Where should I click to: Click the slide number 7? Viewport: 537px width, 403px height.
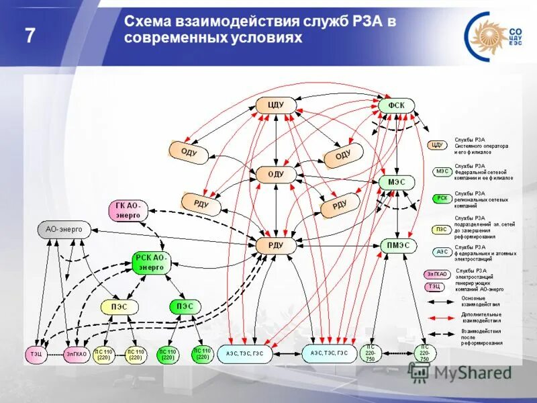point(30,35)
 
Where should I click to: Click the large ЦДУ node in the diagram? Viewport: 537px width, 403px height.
point(276,105)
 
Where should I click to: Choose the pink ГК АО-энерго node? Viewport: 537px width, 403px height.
point(128,210)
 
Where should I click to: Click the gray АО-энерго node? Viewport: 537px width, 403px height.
point(64,230)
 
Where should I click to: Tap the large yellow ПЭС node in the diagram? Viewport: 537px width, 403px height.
point(119,306)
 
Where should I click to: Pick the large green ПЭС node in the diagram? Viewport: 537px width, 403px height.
point(185,306)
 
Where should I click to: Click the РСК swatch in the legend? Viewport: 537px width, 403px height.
point(442,199)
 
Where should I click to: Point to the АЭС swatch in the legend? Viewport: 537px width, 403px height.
point(442,252)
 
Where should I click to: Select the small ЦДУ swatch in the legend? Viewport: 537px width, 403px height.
point(437,144)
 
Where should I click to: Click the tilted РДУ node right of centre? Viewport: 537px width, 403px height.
point(340,205)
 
